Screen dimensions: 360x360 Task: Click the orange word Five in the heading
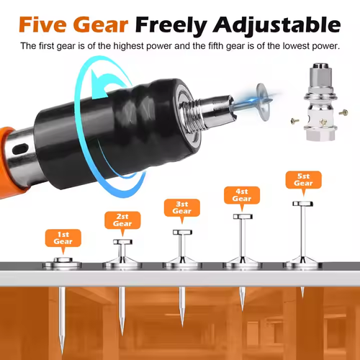click(42, 24)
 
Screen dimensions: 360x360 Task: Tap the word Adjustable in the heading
click(277, 26)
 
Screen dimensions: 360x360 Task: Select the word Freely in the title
click(171, 26)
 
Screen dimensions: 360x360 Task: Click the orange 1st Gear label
click(63, 238)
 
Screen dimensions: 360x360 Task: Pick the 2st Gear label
click(122, 220)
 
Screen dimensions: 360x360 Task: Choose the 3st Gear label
click(182, 207)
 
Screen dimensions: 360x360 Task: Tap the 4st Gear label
click(242, 195)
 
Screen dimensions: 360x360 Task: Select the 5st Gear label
click(304, 180)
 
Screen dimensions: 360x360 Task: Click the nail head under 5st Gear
click(303, 204)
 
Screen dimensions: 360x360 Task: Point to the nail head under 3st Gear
click(182, 232)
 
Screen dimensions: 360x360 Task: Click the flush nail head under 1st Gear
click(63, 260)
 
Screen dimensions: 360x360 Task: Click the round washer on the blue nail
click(264, 102)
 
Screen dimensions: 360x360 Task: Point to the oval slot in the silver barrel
click(20, 149)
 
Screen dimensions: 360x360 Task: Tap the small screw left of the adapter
click(294, 121)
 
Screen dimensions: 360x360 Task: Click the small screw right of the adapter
click(343, 112)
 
